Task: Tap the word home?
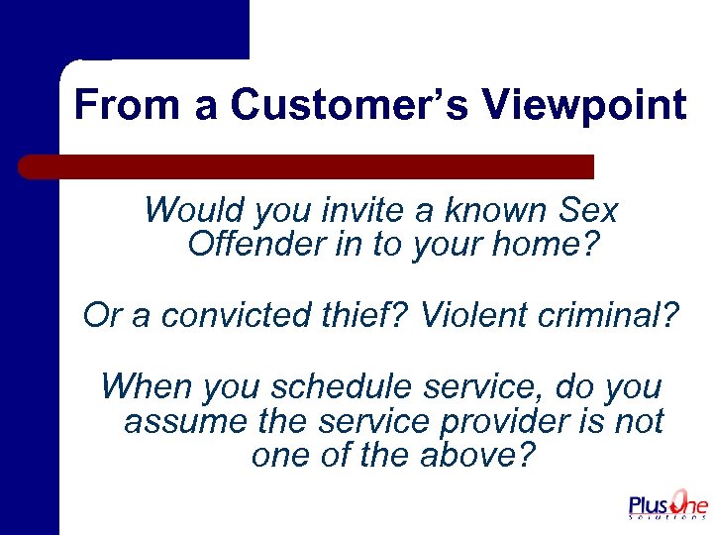551,244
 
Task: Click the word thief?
365,315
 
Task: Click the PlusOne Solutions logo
668,504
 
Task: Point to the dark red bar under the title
307,166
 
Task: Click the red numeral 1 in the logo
680,500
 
